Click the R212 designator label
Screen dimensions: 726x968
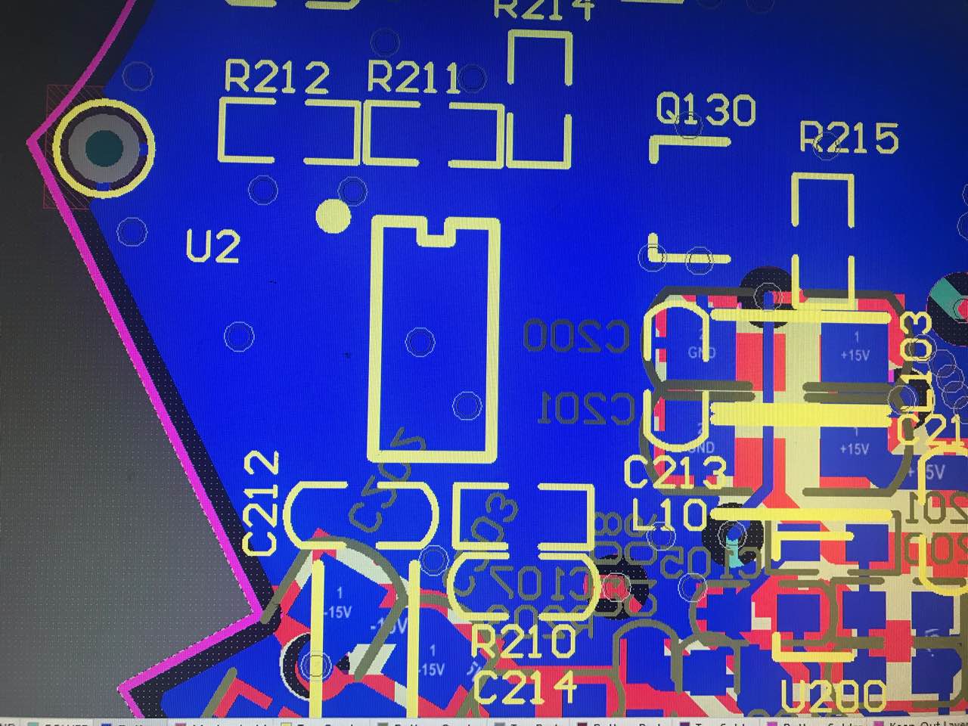pos(277,78)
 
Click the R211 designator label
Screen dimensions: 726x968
pos(414,78)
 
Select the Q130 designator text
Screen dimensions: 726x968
pos(705,110)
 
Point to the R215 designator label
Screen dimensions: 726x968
pos(849,138)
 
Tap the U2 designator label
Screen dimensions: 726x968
pos(213,247)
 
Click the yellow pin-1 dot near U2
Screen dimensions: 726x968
pos(333,216)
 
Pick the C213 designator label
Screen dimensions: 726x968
pos(675,473)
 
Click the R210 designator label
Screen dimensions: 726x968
pos(523,643)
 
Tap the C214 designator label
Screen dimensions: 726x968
pos(525,687)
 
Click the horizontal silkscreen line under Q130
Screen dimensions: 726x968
pos(690,141)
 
